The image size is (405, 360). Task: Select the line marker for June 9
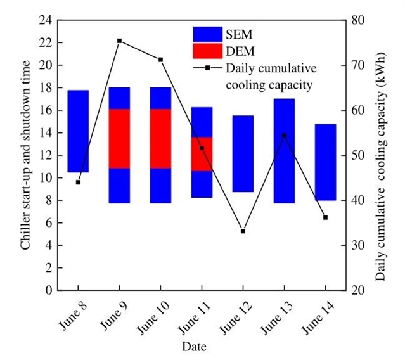119,41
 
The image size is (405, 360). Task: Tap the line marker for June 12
243,231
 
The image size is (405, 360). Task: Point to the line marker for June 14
325,217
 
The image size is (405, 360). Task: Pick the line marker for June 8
78,182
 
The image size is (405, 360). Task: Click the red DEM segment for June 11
202,154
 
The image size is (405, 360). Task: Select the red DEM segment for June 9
119,139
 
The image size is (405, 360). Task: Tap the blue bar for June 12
243,153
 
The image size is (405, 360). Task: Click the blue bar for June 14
325,162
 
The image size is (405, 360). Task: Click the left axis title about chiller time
25,155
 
